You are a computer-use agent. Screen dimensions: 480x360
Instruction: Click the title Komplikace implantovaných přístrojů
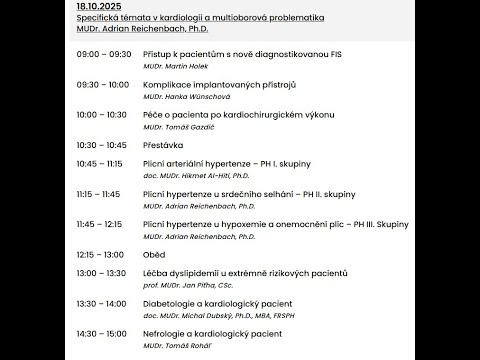click(207, 86)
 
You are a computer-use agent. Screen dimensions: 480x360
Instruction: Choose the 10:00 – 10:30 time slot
click(101, 115)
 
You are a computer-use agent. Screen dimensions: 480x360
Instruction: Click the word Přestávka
click(165, 145)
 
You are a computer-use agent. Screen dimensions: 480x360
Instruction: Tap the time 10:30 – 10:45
click(101, 145)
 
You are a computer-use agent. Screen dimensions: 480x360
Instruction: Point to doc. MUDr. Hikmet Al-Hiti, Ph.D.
click(200, 175)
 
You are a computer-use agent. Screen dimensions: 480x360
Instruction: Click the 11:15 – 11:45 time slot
click(98, 194)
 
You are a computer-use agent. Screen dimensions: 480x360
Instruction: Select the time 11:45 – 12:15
click(98, 224)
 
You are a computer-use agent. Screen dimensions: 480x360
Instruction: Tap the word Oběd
click(156, 254)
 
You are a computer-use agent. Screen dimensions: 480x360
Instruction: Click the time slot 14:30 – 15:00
click(101, 333)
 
